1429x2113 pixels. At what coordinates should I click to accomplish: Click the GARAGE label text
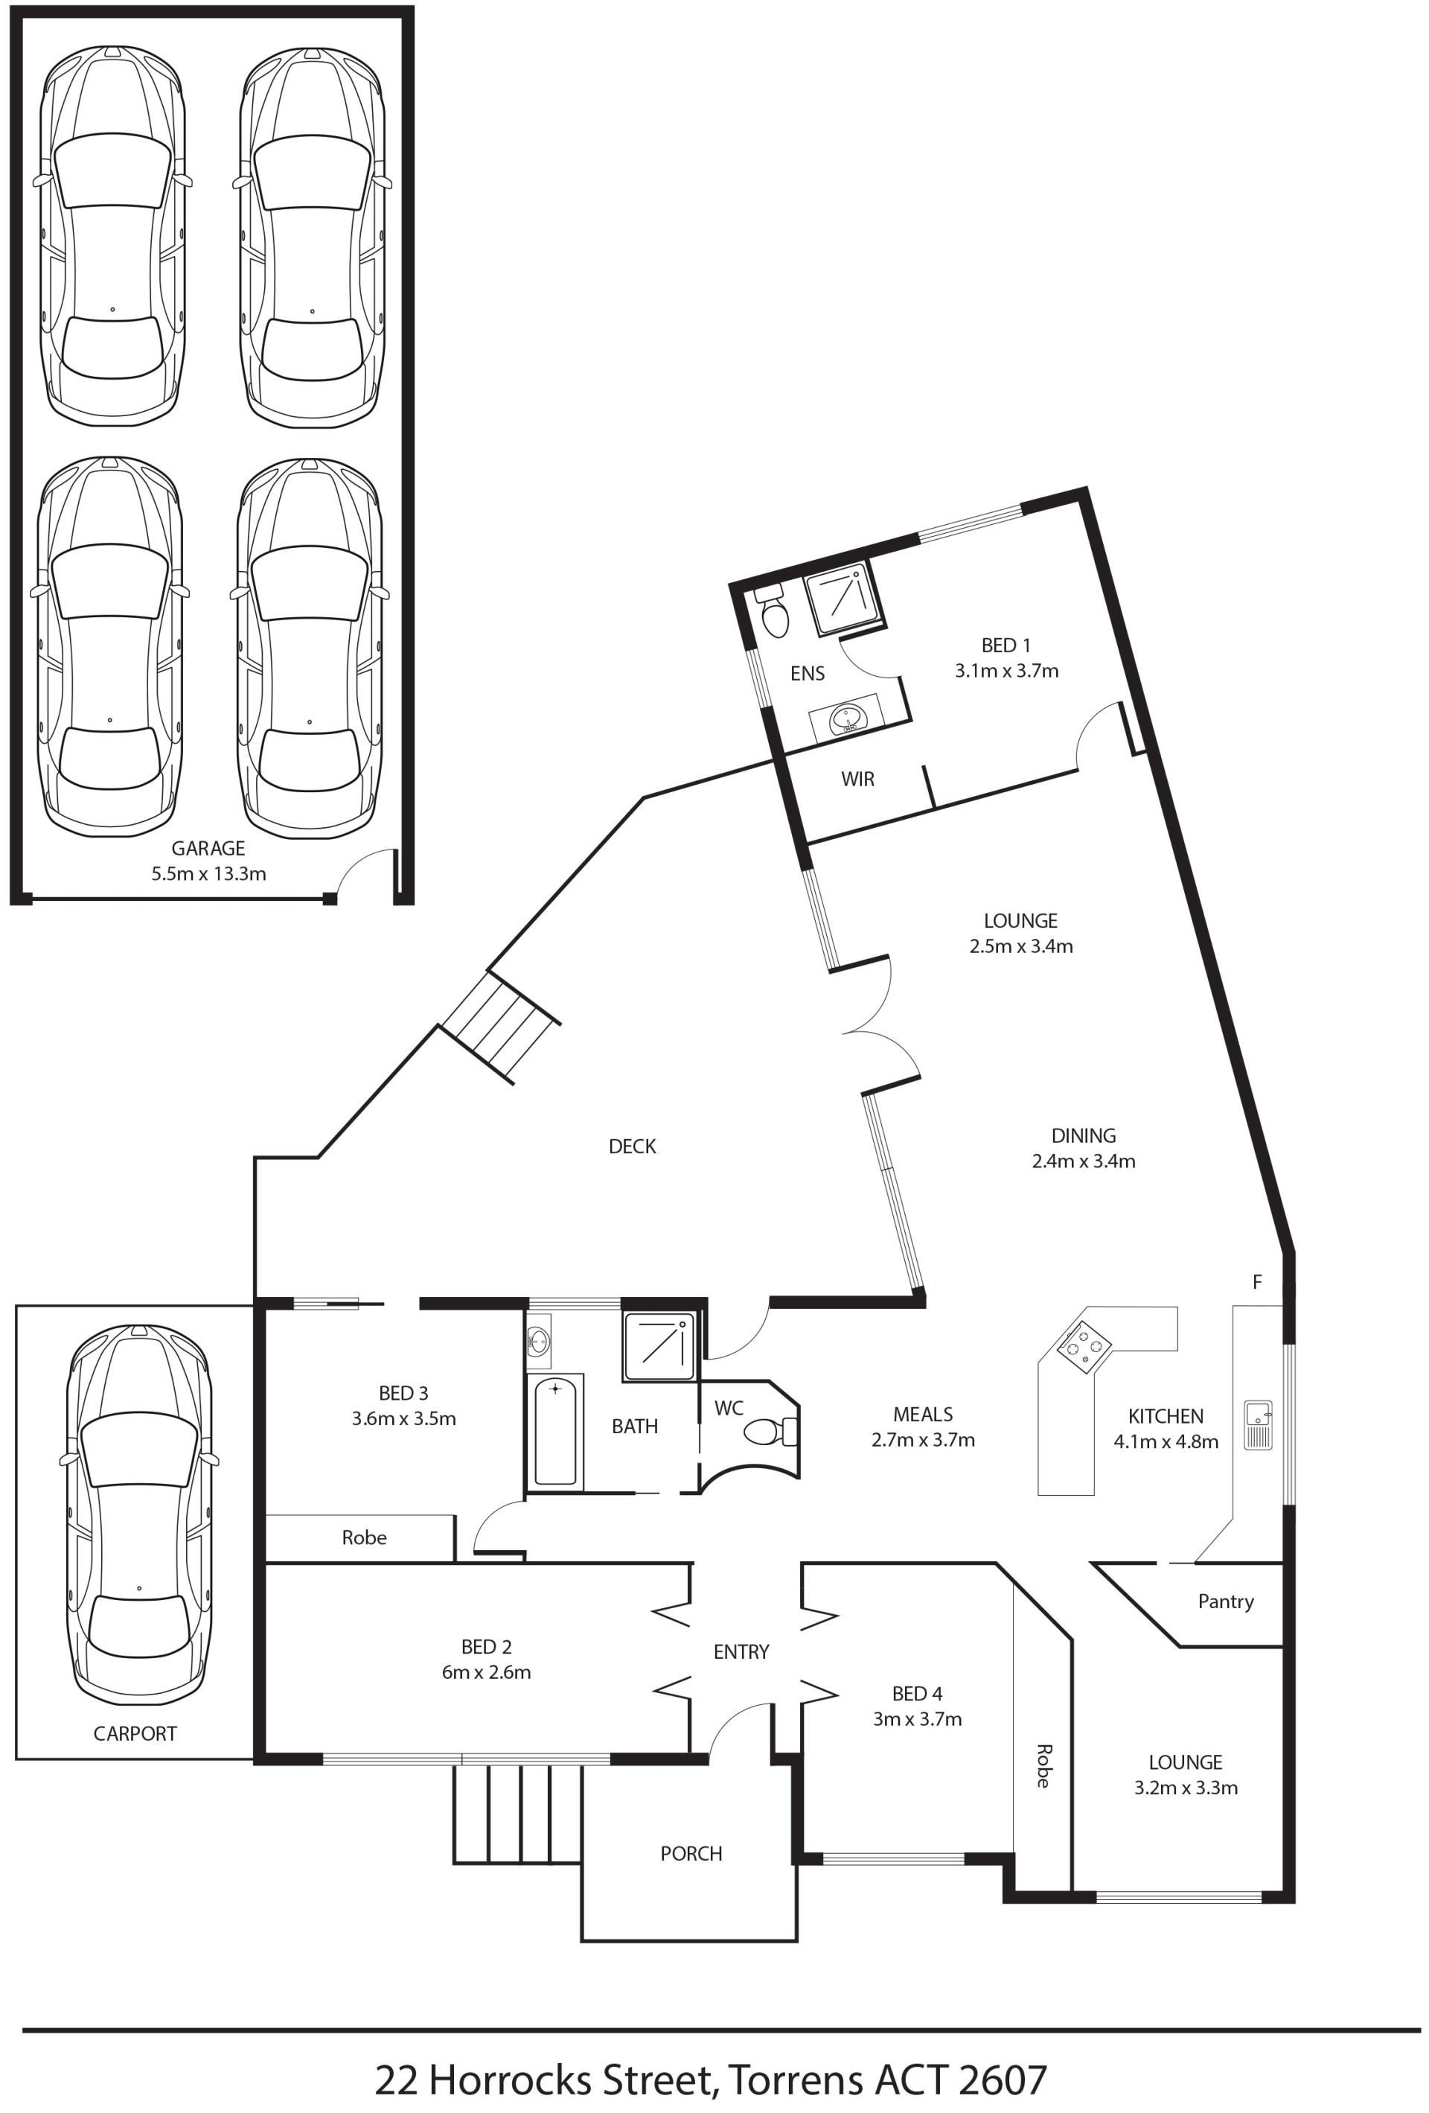coord(208,848)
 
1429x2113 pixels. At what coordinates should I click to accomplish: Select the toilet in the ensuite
coord(773,609)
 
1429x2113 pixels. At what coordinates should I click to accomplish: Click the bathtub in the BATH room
coord(554,1431)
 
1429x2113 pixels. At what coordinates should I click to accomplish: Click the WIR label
coord(857,780)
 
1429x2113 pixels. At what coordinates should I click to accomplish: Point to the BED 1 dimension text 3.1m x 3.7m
coord(1006,671)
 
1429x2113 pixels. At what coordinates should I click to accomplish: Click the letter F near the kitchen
coord(1257,1282)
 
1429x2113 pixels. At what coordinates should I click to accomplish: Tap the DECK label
coord(632,1147)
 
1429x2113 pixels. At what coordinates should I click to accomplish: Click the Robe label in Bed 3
coord(364,1537)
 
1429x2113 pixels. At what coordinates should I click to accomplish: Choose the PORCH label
coord(691,1854)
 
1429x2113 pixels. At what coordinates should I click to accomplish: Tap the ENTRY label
coord(741,1652)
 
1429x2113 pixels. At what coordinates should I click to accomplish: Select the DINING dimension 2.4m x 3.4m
coord(1084,1161)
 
